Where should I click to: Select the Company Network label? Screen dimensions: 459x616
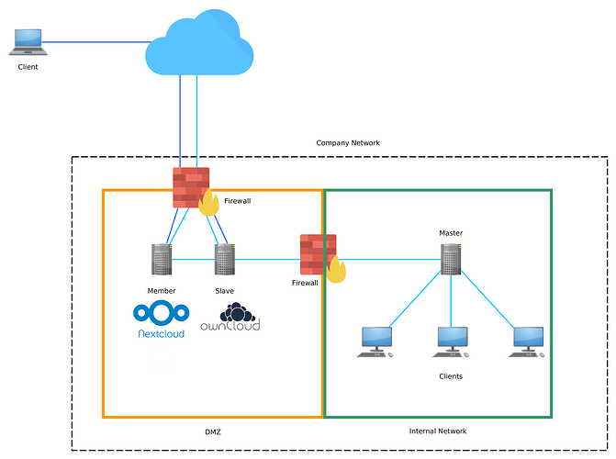tap(347, 143)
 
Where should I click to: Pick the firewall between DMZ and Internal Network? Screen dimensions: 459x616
tap(320, 256)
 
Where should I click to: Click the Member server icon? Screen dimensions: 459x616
tap(162, 260)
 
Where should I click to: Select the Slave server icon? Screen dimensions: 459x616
tap(225, 260)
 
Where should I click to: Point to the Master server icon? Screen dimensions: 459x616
tap(451, 260)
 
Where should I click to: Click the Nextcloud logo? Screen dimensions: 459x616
tap(160, 319)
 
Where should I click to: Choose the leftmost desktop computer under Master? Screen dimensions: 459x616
tap(375, 341)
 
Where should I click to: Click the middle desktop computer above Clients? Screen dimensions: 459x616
tap(451, 341)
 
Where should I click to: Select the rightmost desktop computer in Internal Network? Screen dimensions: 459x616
tap(528, 341)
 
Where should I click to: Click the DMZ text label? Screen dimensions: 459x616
tap(212, 431)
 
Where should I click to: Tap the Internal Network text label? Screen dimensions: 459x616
tap(438, 431)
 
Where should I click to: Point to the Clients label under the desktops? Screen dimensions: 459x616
tap(451, 376)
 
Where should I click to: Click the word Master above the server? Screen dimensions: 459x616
tap(451, 233)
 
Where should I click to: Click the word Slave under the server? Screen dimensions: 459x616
tap(225, 291)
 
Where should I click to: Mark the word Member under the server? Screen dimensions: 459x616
tap(162, 291)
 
